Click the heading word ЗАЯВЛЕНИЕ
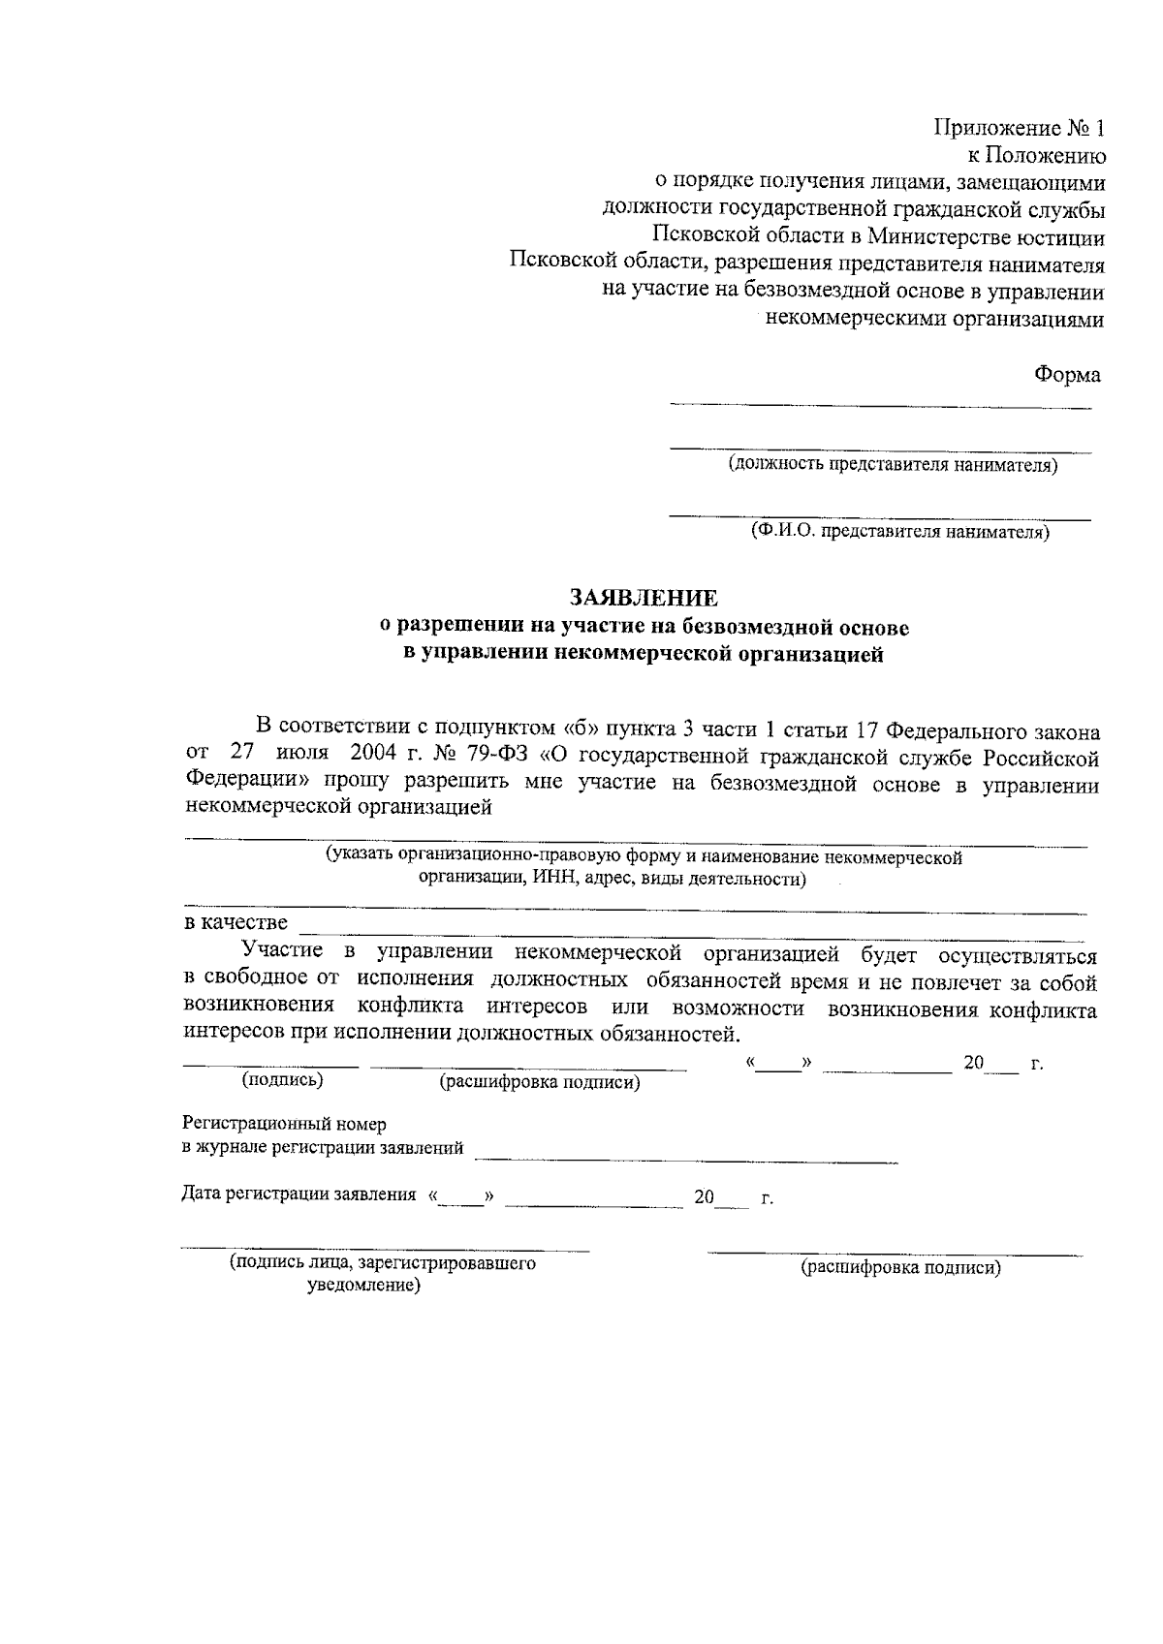click(644, 598)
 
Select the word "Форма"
click(1067, 375)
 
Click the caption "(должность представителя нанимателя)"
click(894, 466)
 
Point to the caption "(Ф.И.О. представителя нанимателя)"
click(899, 532)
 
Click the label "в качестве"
click(236, 922)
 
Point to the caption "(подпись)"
click(282, 1079)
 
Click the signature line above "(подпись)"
click(270, 1067)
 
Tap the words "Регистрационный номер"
click(284, 1124)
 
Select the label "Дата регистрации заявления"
click(299, 1194)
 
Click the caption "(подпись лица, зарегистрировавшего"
click(383, 1264)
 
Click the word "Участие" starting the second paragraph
click(283, 954)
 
